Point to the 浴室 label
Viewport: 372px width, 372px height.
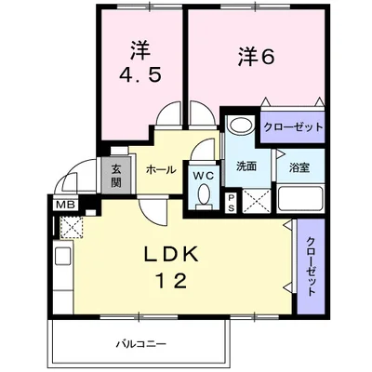point(299,167)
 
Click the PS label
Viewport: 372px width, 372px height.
point(232,203)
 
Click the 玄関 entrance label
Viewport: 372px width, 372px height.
point(118,175)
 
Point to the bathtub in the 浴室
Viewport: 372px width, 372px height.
point(299,198)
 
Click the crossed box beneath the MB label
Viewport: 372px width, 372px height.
point(71,225)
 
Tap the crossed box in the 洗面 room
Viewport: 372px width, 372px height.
point(257,199)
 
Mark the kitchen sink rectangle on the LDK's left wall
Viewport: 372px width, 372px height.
point(64,257)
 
